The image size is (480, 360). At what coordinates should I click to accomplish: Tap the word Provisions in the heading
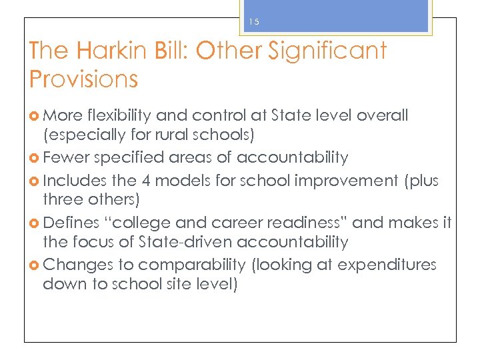click(x=84, y=79)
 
